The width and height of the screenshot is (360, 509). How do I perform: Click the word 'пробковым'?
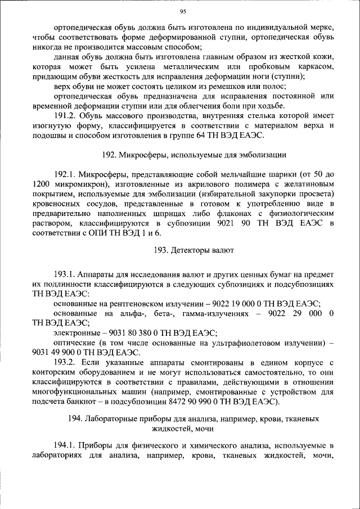[262, 66]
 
